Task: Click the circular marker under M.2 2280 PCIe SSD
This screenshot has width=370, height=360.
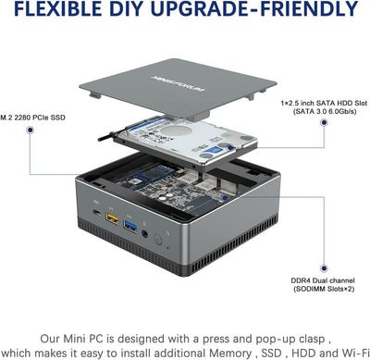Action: pyautogui.click(x=31, y=131)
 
